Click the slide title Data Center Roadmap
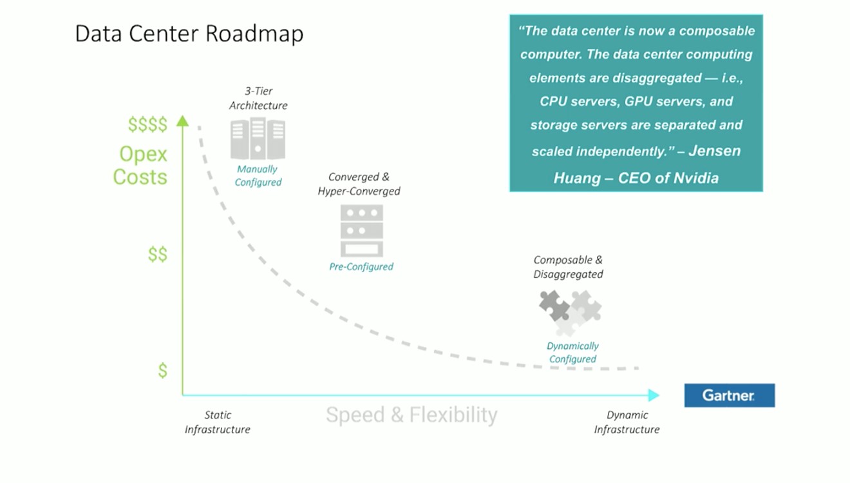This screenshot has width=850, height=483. [x=189, y=34]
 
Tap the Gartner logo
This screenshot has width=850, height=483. [x=729, y=395]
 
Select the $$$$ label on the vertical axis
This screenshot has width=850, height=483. [x=147, y=124]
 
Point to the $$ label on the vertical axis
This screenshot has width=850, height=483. [x=158, y=255]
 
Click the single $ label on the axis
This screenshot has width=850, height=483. [x=163, y=371]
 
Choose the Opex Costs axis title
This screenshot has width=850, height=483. [x=141, y=165]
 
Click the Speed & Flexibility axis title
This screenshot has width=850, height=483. [x=411, y=415]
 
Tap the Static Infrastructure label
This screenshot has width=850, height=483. [x=218, y=422]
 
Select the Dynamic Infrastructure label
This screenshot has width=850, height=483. [x=627, y=422]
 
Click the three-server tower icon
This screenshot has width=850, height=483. [x=258, y=139]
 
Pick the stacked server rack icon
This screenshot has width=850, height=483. [x=361, y=231]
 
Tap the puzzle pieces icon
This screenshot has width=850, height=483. [x=570, y=311]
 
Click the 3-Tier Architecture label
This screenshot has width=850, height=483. [x=258, y=98]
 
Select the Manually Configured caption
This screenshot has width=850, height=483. [x=258, y=175]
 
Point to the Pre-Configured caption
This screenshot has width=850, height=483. [x=361, y=266]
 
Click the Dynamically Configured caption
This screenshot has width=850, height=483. [x=572, y=352]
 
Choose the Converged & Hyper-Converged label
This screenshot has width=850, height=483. [x=359, y=184]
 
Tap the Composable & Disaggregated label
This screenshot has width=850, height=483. [x=568, y=267]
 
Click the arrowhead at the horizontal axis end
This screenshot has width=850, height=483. [x=654, y=395]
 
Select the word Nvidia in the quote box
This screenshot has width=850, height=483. [x=695, y=178]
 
